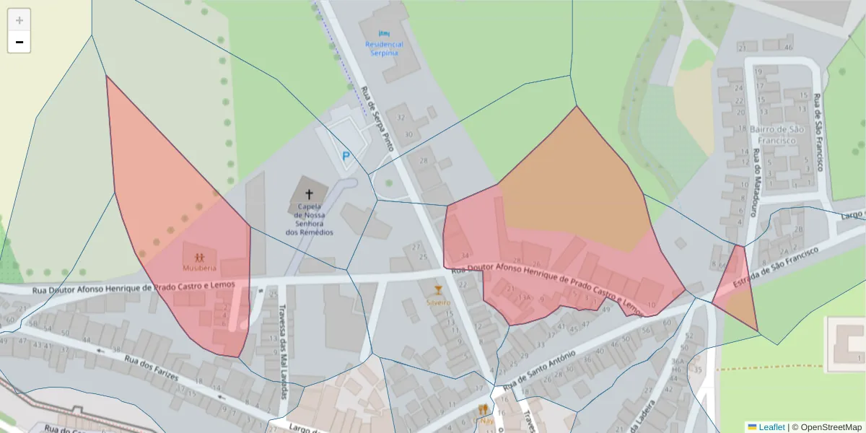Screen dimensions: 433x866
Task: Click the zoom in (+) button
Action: click(19, 20)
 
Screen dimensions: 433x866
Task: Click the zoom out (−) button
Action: click(19, 43)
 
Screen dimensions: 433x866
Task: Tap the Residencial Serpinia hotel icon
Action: click(384, 33)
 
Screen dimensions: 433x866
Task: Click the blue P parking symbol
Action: click(346, 155)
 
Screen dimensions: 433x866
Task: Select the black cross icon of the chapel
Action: click(310, 194)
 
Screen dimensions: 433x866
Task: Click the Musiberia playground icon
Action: click(199, 256)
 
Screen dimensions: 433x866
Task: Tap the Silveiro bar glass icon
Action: click(437, 290)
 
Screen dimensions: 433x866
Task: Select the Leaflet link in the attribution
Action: click(771, 427)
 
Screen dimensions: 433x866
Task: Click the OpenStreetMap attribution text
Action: click(826, 427)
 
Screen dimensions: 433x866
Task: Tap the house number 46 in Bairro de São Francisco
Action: click(788, 48)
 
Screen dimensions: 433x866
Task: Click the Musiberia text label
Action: click(199, 268)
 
